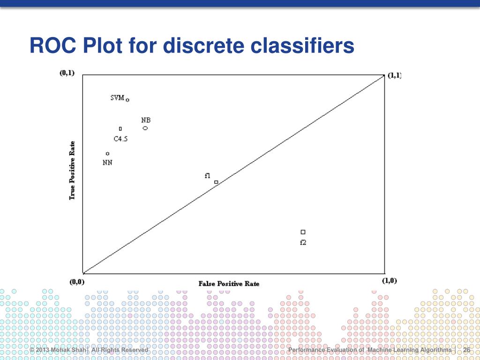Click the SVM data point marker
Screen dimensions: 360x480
(x=127, y=100)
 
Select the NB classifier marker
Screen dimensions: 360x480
(x=145, y=128)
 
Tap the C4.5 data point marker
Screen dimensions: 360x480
(x=120, y=128)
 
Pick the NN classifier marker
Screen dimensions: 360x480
(x=108, y=154)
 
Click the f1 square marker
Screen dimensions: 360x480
(x=216, y=182)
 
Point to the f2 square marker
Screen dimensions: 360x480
(x=303, y=232)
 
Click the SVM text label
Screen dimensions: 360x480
(x=117, y=98)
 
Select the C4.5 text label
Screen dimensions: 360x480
(x=120, y=139)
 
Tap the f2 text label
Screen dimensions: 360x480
(x=303, y=242)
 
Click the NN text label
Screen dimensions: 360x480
(x=107, y=163)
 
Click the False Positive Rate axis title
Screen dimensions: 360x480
(x=229, y=284)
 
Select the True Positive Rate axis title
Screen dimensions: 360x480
(x=72, y=171)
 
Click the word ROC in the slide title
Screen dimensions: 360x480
(x=51, y=46)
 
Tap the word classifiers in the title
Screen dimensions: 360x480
(x=302, y=46)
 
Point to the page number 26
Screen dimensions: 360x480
(x=466, y=350)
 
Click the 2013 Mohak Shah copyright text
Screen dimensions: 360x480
(x=59, y=350)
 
